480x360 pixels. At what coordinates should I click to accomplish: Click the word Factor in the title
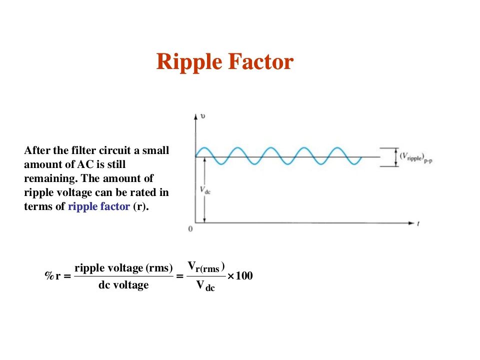(x=261, y=61)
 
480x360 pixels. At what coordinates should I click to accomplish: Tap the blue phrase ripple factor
(x=99, y=206)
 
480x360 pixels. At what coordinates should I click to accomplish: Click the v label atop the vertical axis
(x=202, y=116)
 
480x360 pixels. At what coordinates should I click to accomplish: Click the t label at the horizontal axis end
(x=418, y=224)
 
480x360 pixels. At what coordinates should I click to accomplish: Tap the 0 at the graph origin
(x=190, y=229)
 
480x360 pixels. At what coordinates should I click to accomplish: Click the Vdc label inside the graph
(x=205, y=190)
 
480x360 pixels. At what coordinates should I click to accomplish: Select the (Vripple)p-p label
(x=415, y=157)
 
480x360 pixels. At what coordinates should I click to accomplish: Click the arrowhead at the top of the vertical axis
(x=196, y=116)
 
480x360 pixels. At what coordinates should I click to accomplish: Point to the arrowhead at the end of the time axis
(x=411, y=223)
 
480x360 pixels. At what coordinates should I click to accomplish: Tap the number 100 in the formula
(x=244, y=275)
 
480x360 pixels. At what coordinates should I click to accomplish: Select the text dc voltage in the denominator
(x=123, y=285)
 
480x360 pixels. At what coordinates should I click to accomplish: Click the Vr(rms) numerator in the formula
(x=206, y=267)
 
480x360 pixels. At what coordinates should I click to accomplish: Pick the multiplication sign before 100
(x=231, y=276)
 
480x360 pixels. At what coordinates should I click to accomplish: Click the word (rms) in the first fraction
(x=159, y=268)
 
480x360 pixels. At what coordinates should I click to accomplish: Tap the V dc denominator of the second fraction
(x=205, y=285)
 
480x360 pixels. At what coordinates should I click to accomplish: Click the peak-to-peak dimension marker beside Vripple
(x=396, y=157)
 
